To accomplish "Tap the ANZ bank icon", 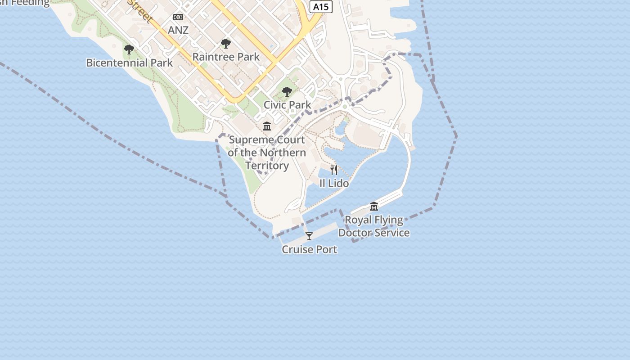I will point(178,17).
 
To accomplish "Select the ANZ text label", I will point(178,30).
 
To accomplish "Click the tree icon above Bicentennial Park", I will point(129,49).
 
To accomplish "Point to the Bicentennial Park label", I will point(130,63).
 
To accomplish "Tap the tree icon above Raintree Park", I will point(226,44).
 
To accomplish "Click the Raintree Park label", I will point(226,57).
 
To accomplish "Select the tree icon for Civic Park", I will point(287,92).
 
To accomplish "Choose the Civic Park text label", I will point(287,105).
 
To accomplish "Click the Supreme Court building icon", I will point(267,126).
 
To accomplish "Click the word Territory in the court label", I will point(267,166).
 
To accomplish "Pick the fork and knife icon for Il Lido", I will point(334,170).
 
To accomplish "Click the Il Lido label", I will point(334,183).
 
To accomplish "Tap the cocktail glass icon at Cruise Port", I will point(309,236).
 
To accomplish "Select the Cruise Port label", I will point(309,249).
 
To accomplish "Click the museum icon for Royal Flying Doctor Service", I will point(374,207).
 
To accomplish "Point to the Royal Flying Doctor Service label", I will point(374,226).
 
